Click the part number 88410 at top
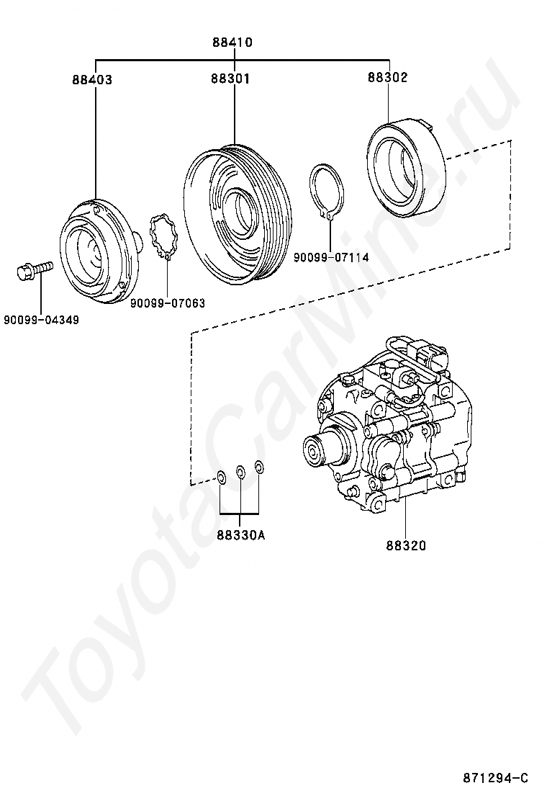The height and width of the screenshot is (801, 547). click(232, 42)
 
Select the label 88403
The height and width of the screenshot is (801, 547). click(91, 80)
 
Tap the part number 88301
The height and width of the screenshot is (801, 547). click(230, 79)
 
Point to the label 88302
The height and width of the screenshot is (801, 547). click(387, 77)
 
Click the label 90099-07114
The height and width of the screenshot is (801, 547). click(331, 256)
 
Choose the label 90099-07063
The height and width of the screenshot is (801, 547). click(168, 303)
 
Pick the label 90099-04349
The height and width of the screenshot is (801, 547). click(41, 319)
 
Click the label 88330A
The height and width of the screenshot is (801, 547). click(240, 535)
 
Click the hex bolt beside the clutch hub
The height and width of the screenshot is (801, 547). click(33, 269)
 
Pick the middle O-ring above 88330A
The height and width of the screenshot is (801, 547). click(241, 473)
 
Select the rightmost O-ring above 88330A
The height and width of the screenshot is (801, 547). click(260, 469)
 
